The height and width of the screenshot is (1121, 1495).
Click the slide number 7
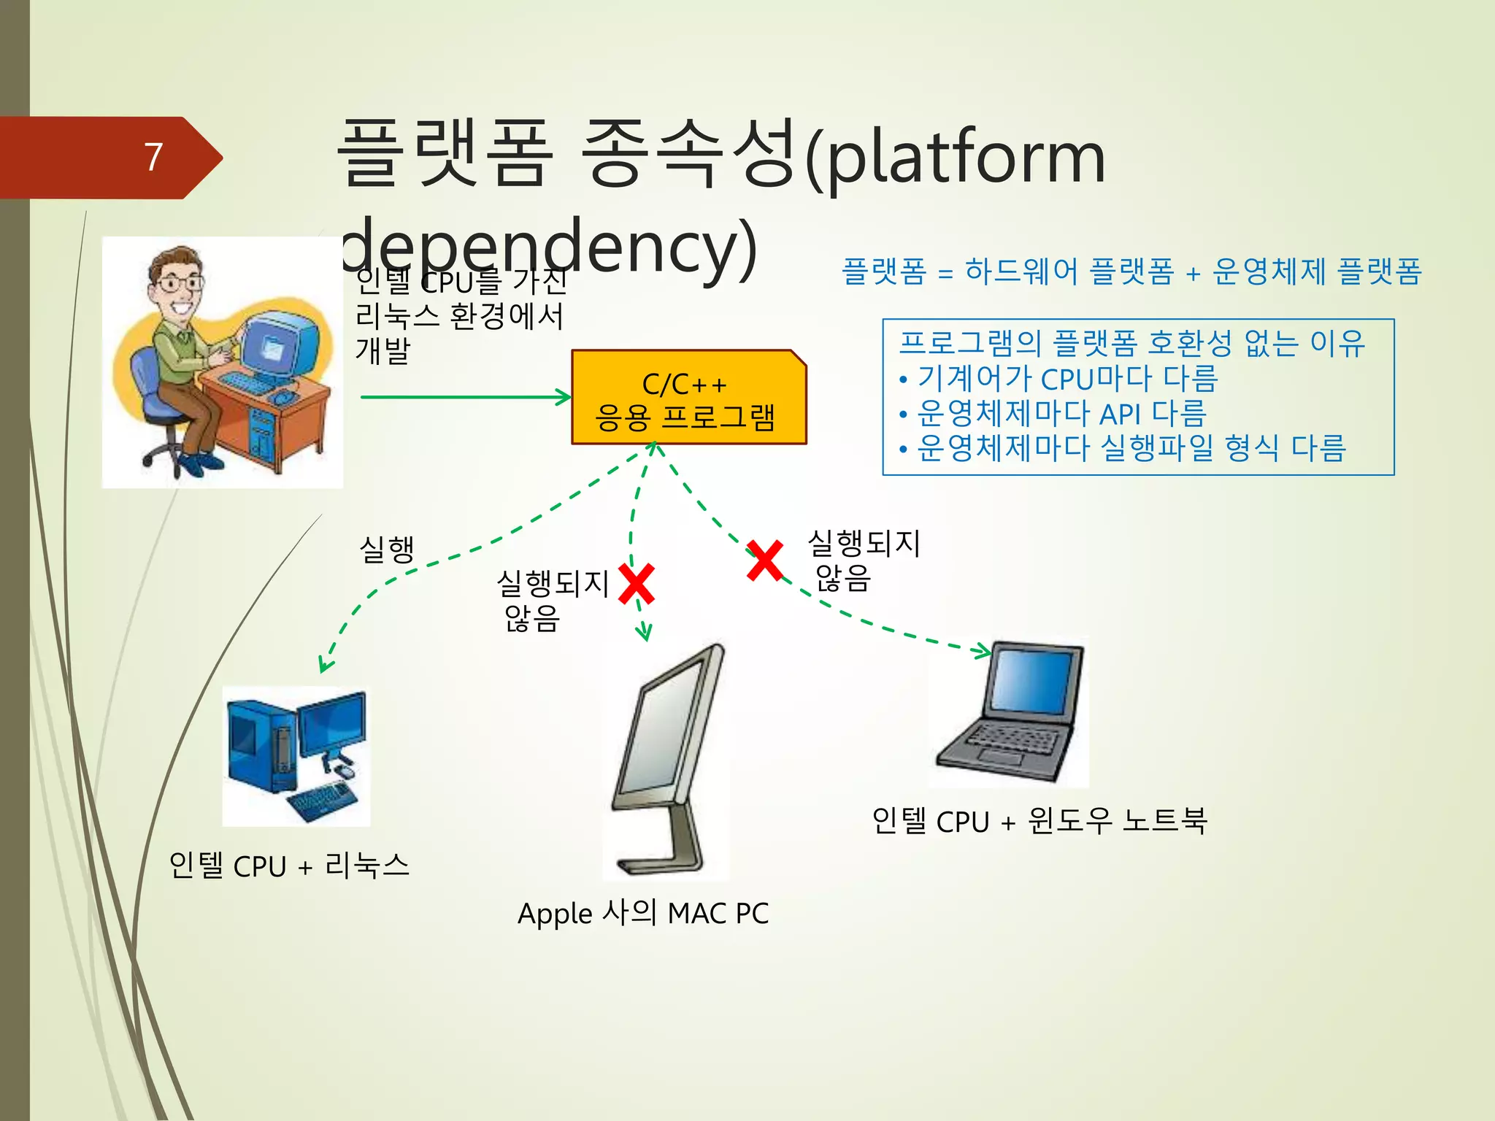coord(153,157)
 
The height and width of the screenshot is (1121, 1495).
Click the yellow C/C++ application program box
coord(688,398)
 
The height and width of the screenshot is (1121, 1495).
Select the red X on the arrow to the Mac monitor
coord(637,584)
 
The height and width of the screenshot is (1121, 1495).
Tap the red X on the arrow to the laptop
coord(765,560)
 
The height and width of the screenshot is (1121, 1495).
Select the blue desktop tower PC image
coord(295,755)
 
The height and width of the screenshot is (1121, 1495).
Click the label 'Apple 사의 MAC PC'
coord(642,913)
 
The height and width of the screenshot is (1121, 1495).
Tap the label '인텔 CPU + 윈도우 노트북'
coord(1039,821)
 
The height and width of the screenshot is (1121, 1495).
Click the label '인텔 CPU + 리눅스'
coord(289,866)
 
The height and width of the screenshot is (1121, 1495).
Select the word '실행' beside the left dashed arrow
coord(387,549)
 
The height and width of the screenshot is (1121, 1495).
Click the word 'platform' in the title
coord(967,158)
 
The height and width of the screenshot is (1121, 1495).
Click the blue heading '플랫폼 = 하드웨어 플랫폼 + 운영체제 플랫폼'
coord(1131,271)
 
